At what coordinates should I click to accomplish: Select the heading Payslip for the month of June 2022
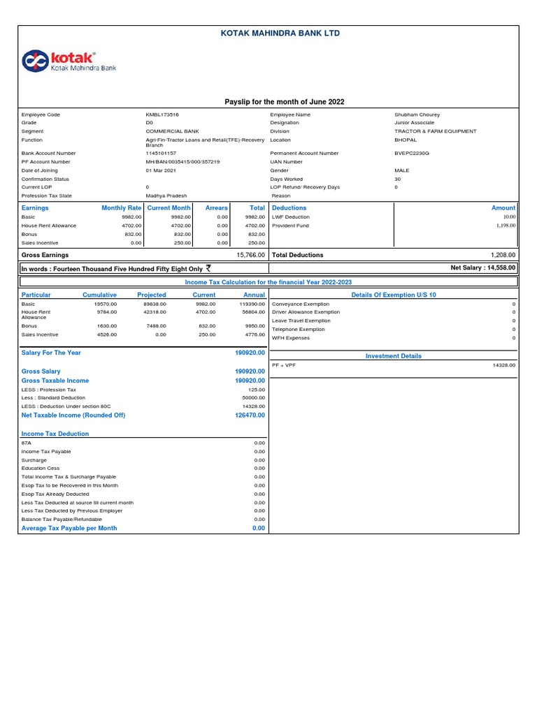(284, 102)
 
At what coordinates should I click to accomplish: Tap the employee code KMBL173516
(162, 115)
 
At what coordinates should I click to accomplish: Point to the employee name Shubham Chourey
(417, 115)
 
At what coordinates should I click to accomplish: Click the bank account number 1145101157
(161, 153)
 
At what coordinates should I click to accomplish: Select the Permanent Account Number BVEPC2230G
(412, 153)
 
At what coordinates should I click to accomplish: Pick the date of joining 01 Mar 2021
(161, 170)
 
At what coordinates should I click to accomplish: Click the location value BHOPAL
(405, 140)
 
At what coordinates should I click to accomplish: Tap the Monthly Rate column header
(121, 208)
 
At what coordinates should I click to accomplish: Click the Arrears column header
(217, 208)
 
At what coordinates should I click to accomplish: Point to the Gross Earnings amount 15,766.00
(250, 256)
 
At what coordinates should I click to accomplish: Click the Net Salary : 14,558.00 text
(483, 267)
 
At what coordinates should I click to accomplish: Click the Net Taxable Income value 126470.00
(250, 415)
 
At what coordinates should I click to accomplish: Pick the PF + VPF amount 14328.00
(503, 364)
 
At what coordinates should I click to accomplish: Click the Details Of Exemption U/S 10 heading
(394, 295)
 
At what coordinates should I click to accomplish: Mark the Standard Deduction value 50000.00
(253, 397)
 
